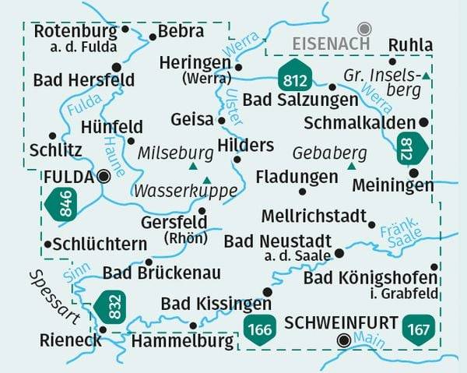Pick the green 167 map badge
coord(418,329)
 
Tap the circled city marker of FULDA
coord(104,177)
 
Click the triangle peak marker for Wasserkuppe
coord(206,179)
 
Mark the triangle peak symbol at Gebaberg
coord(351,166)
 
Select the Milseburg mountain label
coord(175,153)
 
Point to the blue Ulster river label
coord(233,103)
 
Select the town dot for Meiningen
coord(414,173)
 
